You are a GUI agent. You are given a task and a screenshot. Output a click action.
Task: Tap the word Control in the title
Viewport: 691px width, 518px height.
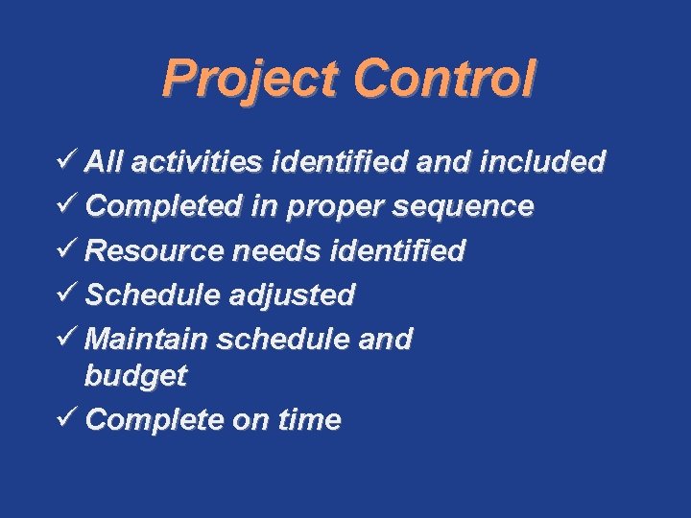pos(443,79)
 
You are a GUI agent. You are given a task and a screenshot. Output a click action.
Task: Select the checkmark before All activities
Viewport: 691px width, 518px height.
pos(67,161)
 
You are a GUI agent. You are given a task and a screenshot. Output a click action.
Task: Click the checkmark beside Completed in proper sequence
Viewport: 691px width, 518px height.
pos(67,205)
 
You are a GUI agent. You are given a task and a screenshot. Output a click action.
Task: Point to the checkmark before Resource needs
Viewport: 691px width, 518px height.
pos(67,249)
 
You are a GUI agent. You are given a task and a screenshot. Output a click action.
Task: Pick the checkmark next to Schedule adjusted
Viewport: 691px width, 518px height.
pos(67,294)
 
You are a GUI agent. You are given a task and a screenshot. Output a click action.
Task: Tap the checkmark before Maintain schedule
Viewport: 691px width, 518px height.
pos(67,338)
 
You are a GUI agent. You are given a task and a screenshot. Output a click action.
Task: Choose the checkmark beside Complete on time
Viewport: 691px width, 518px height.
pos(67,419)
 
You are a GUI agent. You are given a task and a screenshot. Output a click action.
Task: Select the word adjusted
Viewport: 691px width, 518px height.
pos(293,294)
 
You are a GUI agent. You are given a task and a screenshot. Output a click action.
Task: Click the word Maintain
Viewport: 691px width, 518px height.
pos(147,339)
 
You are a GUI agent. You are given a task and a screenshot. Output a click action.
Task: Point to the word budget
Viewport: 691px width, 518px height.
pos(135,377)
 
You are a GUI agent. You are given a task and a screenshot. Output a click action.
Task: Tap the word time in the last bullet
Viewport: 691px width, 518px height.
pos(309,420)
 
